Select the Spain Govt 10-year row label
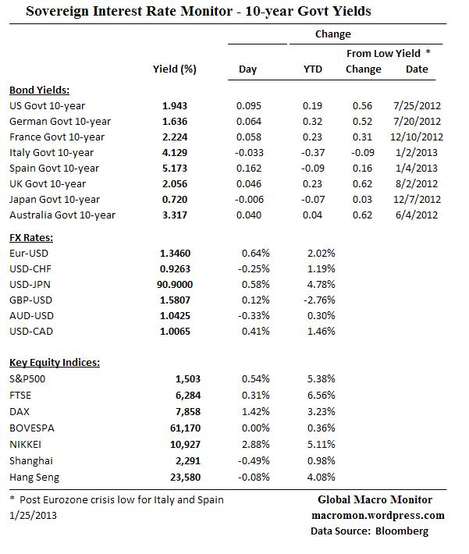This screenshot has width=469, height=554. pyautogui.click(x=54, y=168)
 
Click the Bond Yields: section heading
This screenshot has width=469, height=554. pyautogui.click(x=39, y=90)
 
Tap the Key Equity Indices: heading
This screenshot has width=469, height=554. pyautogui.click(x=54, y=363)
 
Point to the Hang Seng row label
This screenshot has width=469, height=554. pyautogui.click(x=34, y=476)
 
